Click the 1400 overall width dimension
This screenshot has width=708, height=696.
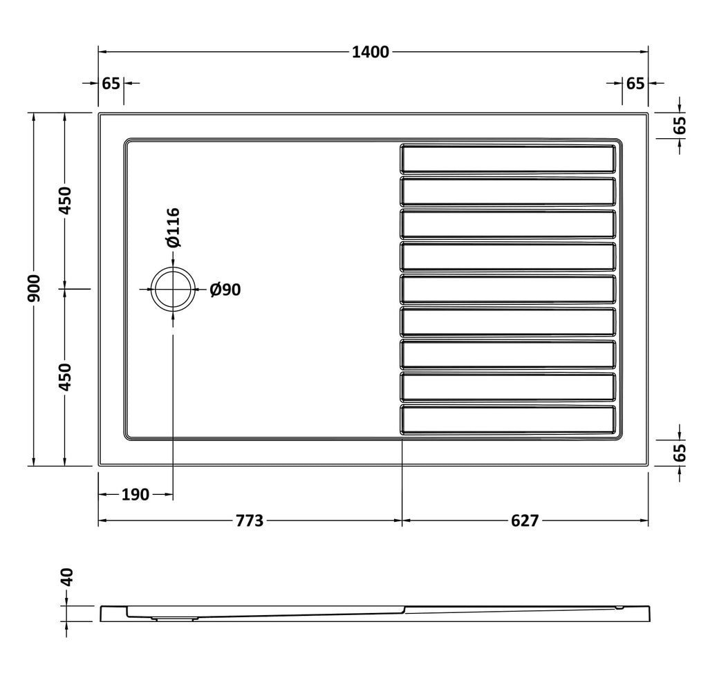[371, 53]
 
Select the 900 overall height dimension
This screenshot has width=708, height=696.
[35, 288]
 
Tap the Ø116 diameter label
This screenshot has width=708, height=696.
[173, 227]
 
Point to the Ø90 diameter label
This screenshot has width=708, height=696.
[225, 290]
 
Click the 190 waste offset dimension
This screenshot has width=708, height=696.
[135, 495]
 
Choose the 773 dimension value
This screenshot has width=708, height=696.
[250, 521]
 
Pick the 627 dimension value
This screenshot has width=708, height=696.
[525, 521]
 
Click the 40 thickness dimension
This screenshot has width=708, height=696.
[66, 577]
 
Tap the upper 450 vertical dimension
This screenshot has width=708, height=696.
[66, 200]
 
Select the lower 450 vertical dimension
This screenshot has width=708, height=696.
[66, 377]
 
